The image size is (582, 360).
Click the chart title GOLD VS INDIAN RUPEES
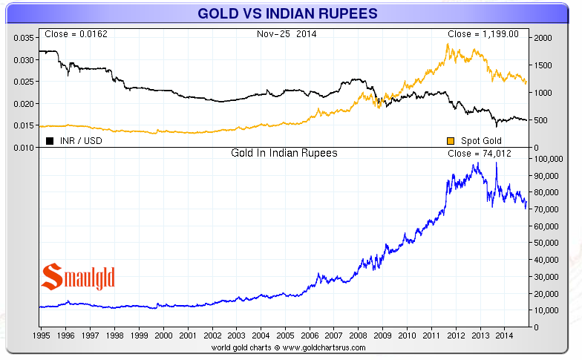[x=287, y=13]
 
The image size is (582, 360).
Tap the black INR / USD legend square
[x=50, y=141]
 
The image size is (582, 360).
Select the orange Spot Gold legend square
[x=451, y=141]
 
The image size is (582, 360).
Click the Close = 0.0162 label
[x=71, y=34]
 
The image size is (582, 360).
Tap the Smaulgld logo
[x=77, y=277]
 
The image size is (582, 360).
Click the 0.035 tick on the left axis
[x=24, y=38]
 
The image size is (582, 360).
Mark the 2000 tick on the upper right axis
[x=543, y=38]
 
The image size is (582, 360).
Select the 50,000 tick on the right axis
[x=546, y=243]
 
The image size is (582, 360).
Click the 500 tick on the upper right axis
[x=540, y=120]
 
